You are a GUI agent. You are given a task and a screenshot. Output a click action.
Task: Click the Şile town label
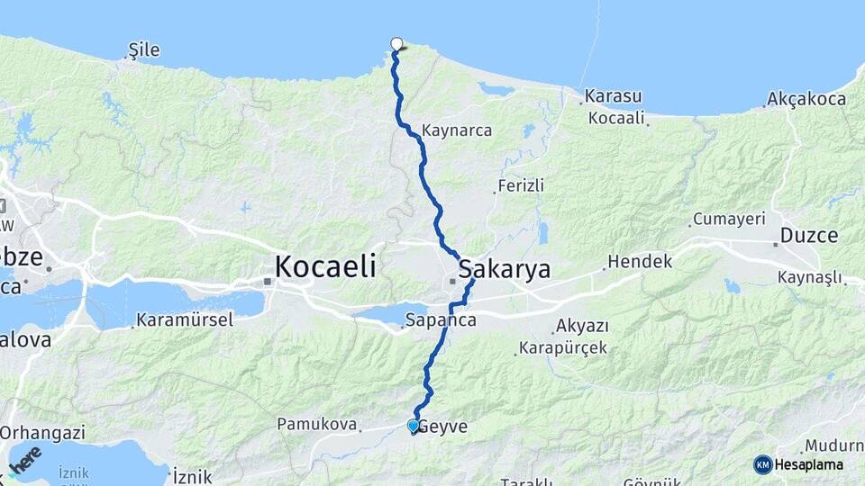[144, 49]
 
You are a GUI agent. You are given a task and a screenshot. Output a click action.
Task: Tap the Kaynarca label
[456, 130]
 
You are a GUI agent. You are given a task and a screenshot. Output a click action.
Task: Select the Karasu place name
[613, 96]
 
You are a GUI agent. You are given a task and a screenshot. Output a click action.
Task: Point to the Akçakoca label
[806, 99]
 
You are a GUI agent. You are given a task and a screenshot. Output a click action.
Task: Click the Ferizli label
[522, 186]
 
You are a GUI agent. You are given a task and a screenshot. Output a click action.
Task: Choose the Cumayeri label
[728, 219]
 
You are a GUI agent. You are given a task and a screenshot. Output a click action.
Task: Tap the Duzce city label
[808, 236]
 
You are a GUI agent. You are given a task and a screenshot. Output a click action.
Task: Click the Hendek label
[640, 262]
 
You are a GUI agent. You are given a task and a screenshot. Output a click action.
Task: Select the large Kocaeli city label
[324, 266]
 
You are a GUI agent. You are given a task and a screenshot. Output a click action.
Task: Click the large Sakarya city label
[504, 269]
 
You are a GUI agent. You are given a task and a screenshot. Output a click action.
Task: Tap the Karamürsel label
[185, 319]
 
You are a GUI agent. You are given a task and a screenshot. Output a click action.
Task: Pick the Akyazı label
[582, 326]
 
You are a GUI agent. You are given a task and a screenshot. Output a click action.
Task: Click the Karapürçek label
[563, 347]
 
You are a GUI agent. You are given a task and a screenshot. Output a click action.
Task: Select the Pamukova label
[316, 423]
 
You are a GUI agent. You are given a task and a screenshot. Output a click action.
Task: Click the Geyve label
[442, 427]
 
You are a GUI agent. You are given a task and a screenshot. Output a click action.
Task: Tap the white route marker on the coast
[396, 43]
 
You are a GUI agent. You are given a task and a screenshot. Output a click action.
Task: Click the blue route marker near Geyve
[413, 425]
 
